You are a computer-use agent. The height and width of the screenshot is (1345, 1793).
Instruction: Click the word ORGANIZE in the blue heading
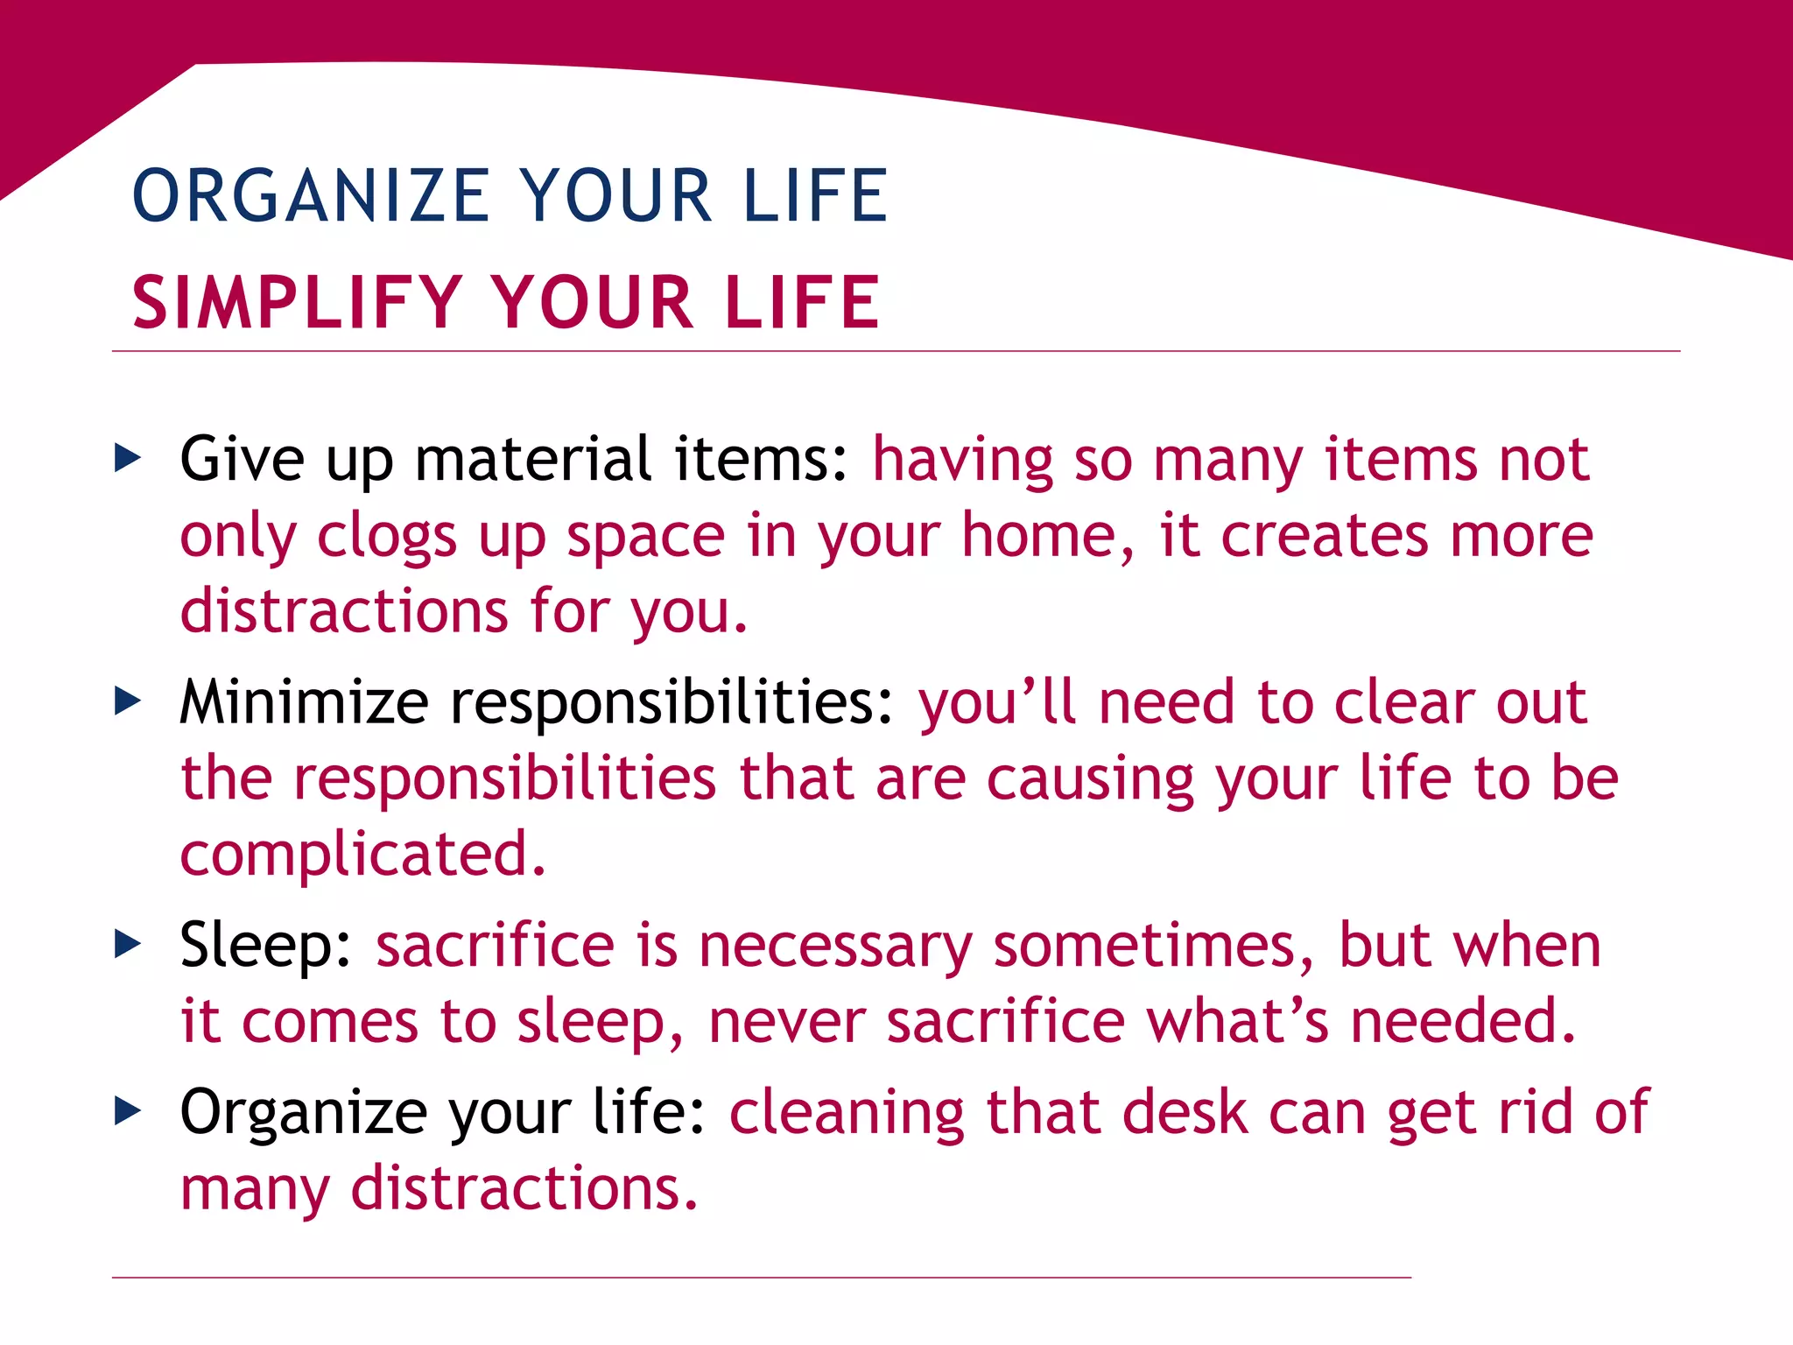[311, 195]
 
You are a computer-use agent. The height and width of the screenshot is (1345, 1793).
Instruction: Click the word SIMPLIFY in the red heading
[297, 303]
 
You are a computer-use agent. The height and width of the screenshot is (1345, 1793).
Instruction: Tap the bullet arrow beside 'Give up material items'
[128, 456]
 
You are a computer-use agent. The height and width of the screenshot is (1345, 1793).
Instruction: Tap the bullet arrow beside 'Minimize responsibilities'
[128, 700]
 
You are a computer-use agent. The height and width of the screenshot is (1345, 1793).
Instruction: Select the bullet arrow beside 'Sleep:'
[128, 943]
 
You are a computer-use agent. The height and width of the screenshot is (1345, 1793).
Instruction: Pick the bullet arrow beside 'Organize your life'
[128, 1110]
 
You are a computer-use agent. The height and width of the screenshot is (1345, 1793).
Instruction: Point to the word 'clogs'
[386, 536]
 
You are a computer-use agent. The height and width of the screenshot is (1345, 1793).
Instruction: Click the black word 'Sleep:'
[265, 945]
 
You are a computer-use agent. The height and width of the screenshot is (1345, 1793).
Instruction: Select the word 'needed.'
[1463, 1021]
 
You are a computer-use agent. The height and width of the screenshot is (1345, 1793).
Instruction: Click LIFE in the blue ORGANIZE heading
[815, 195]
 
